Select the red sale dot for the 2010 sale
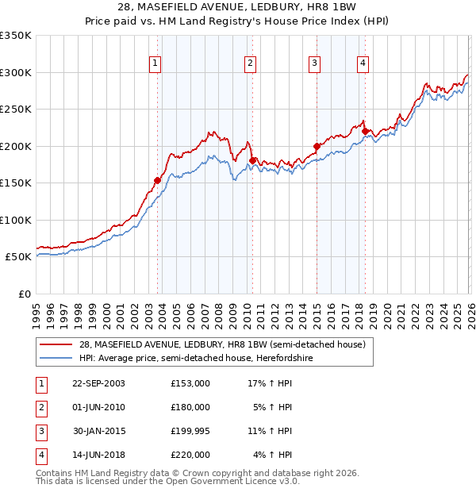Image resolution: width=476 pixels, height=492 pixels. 251,161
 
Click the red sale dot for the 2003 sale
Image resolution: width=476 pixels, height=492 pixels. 157,181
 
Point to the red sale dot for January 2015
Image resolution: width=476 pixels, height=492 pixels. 317,146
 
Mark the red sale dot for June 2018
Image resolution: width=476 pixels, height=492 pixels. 364,132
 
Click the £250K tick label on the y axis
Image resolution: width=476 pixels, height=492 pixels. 16,110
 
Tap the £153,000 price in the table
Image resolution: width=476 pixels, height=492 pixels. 190,382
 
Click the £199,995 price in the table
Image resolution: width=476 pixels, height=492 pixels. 190,431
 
